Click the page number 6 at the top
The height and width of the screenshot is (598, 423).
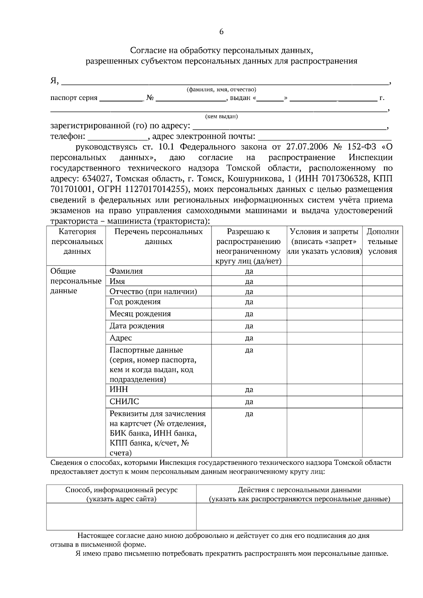221,32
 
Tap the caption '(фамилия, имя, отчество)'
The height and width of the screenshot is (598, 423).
221,89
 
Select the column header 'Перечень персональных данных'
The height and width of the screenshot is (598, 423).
159,237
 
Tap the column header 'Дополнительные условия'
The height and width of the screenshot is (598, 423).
382,242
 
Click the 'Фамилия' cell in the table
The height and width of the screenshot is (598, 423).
126,271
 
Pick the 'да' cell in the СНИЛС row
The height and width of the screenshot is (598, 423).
249,402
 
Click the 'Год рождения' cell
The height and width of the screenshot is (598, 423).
135,302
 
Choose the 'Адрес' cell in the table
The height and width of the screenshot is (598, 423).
121,338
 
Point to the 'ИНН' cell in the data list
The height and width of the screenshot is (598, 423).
119,390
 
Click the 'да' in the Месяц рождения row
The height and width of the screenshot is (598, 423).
249,314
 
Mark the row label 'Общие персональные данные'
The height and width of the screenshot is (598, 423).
76,281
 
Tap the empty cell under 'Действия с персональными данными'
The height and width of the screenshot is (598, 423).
299,516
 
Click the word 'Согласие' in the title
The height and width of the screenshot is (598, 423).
146,51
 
